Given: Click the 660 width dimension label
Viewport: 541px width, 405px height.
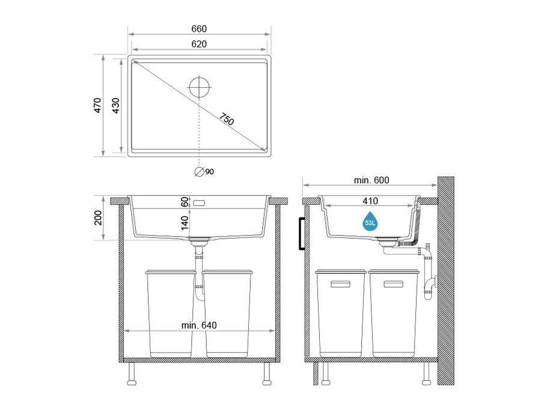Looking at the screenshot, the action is point(199,29).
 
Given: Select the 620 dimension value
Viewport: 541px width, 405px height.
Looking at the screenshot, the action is point(199,44).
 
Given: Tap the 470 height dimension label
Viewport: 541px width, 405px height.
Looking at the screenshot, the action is point(97,105).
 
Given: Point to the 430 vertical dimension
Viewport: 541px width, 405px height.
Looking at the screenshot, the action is point(115,106).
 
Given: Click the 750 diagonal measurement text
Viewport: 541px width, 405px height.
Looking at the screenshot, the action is point(227,119).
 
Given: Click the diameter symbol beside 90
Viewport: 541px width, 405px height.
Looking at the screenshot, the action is point(199,171).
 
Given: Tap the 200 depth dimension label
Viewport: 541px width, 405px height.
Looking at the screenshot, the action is point(98,218).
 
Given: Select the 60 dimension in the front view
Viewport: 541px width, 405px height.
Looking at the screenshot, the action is point(185,202).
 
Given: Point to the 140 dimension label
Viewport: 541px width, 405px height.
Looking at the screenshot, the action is point(185,223).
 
